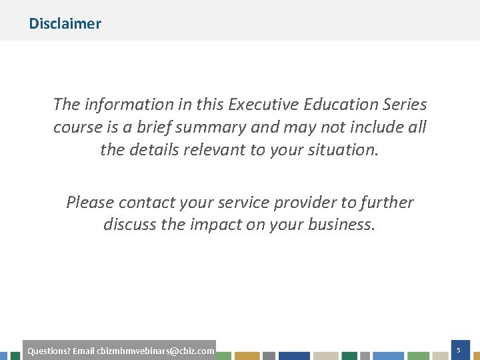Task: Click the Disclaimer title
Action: (x=65, y=24)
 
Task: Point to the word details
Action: (x=155, y=150)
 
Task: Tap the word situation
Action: (x=342, y=150)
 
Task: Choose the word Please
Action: (x=89, y=203)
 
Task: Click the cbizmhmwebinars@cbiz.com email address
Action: (x=155, y=351)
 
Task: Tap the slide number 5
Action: (x=459, y=350)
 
